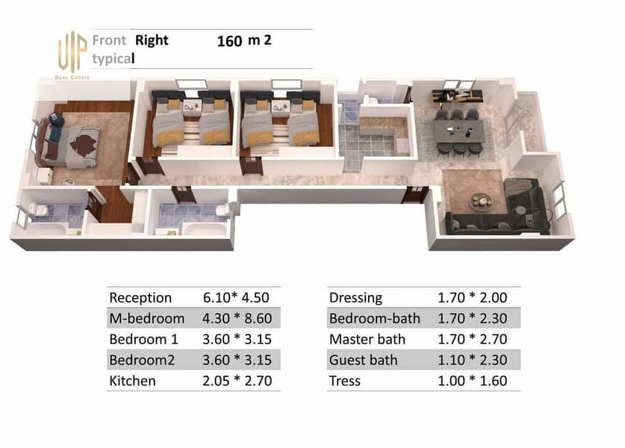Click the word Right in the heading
[152, 40]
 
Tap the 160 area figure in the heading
[229, 41]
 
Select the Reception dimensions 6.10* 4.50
[236, 297]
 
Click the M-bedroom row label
[146, 319]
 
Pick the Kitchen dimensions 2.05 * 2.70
[237, 381]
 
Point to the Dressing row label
[355, 298]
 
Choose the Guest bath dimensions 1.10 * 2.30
[473, 360]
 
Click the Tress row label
[345, 381]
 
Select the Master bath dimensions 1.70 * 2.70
[473, 339]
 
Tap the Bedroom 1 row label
[143, 339]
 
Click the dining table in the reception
[459, 131]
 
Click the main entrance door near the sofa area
[414, 194]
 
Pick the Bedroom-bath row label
[375, 319]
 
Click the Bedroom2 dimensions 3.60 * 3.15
[237, 360]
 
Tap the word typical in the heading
[114, 59]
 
